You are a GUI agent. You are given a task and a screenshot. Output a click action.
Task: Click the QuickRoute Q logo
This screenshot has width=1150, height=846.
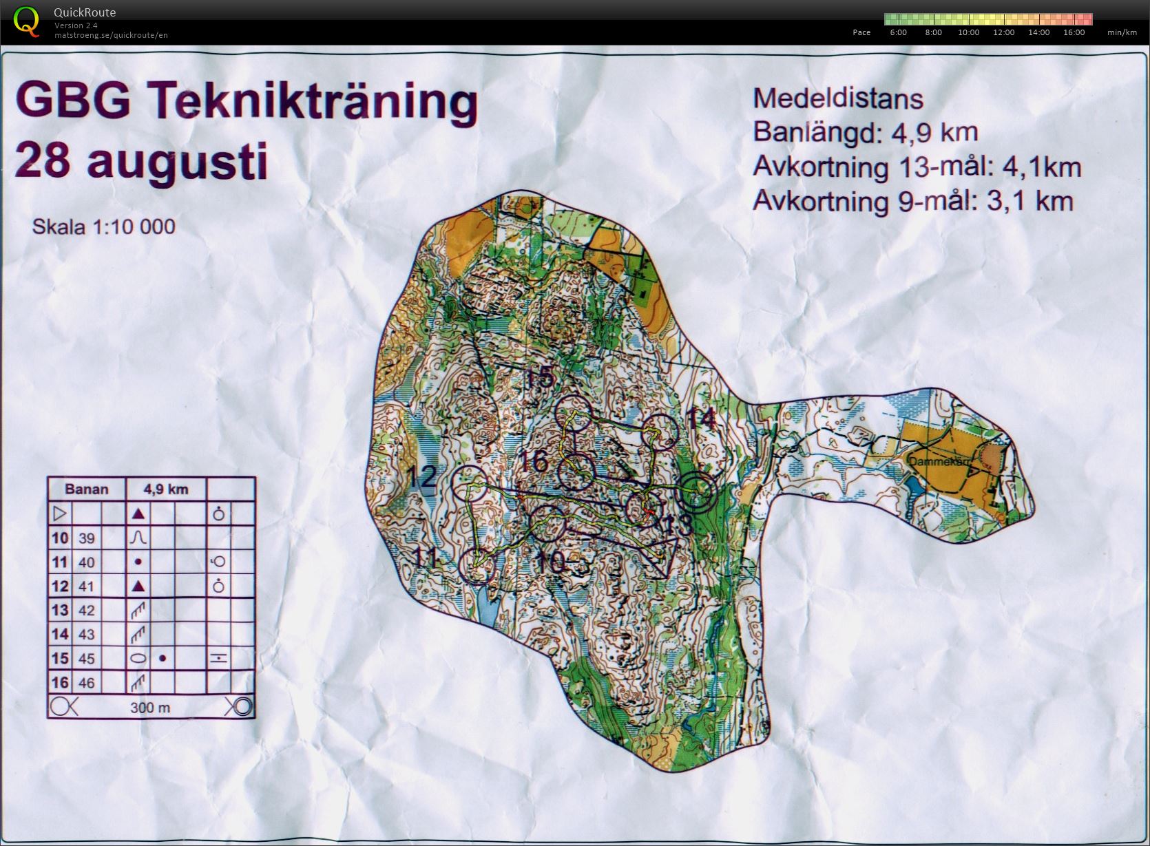(x=25, y=21)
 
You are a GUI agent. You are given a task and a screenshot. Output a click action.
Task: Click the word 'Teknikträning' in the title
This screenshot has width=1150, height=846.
(x=313, y=101)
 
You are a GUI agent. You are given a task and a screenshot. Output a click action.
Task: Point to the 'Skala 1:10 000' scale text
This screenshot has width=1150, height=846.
(x=103, y=226)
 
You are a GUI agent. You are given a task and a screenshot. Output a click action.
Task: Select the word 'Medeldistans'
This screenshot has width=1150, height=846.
(x=837, y=98)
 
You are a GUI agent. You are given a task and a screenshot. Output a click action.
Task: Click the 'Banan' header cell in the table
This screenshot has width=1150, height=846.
(x=86, y=489)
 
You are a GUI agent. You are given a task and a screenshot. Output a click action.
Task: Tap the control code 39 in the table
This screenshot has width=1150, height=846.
(x=86, y=538)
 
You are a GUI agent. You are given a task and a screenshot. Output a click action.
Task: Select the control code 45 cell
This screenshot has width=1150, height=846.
(x=86, y=659)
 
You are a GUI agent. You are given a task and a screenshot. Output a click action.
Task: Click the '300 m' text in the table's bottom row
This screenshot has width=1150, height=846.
(x=150, y=708)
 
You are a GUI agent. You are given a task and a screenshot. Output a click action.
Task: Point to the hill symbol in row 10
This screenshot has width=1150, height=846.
(x=138, y=538)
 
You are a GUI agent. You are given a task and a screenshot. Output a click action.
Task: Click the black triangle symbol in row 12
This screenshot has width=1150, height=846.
(x=138, y=586)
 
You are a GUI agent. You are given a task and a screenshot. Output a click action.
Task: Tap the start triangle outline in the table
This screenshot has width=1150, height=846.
(x=59, y=514)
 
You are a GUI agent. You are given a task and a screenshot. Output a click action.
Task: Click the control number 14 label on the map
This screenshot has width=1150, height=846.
(x=700, y=419)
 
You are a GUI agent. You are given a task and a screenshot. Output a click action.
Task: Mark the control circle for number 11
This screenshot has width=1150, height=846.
(x=477, y=566)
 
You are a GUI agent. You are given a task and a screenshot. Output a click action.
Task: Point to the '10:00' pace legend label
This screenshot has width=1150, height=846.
(x=968, y=32)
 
